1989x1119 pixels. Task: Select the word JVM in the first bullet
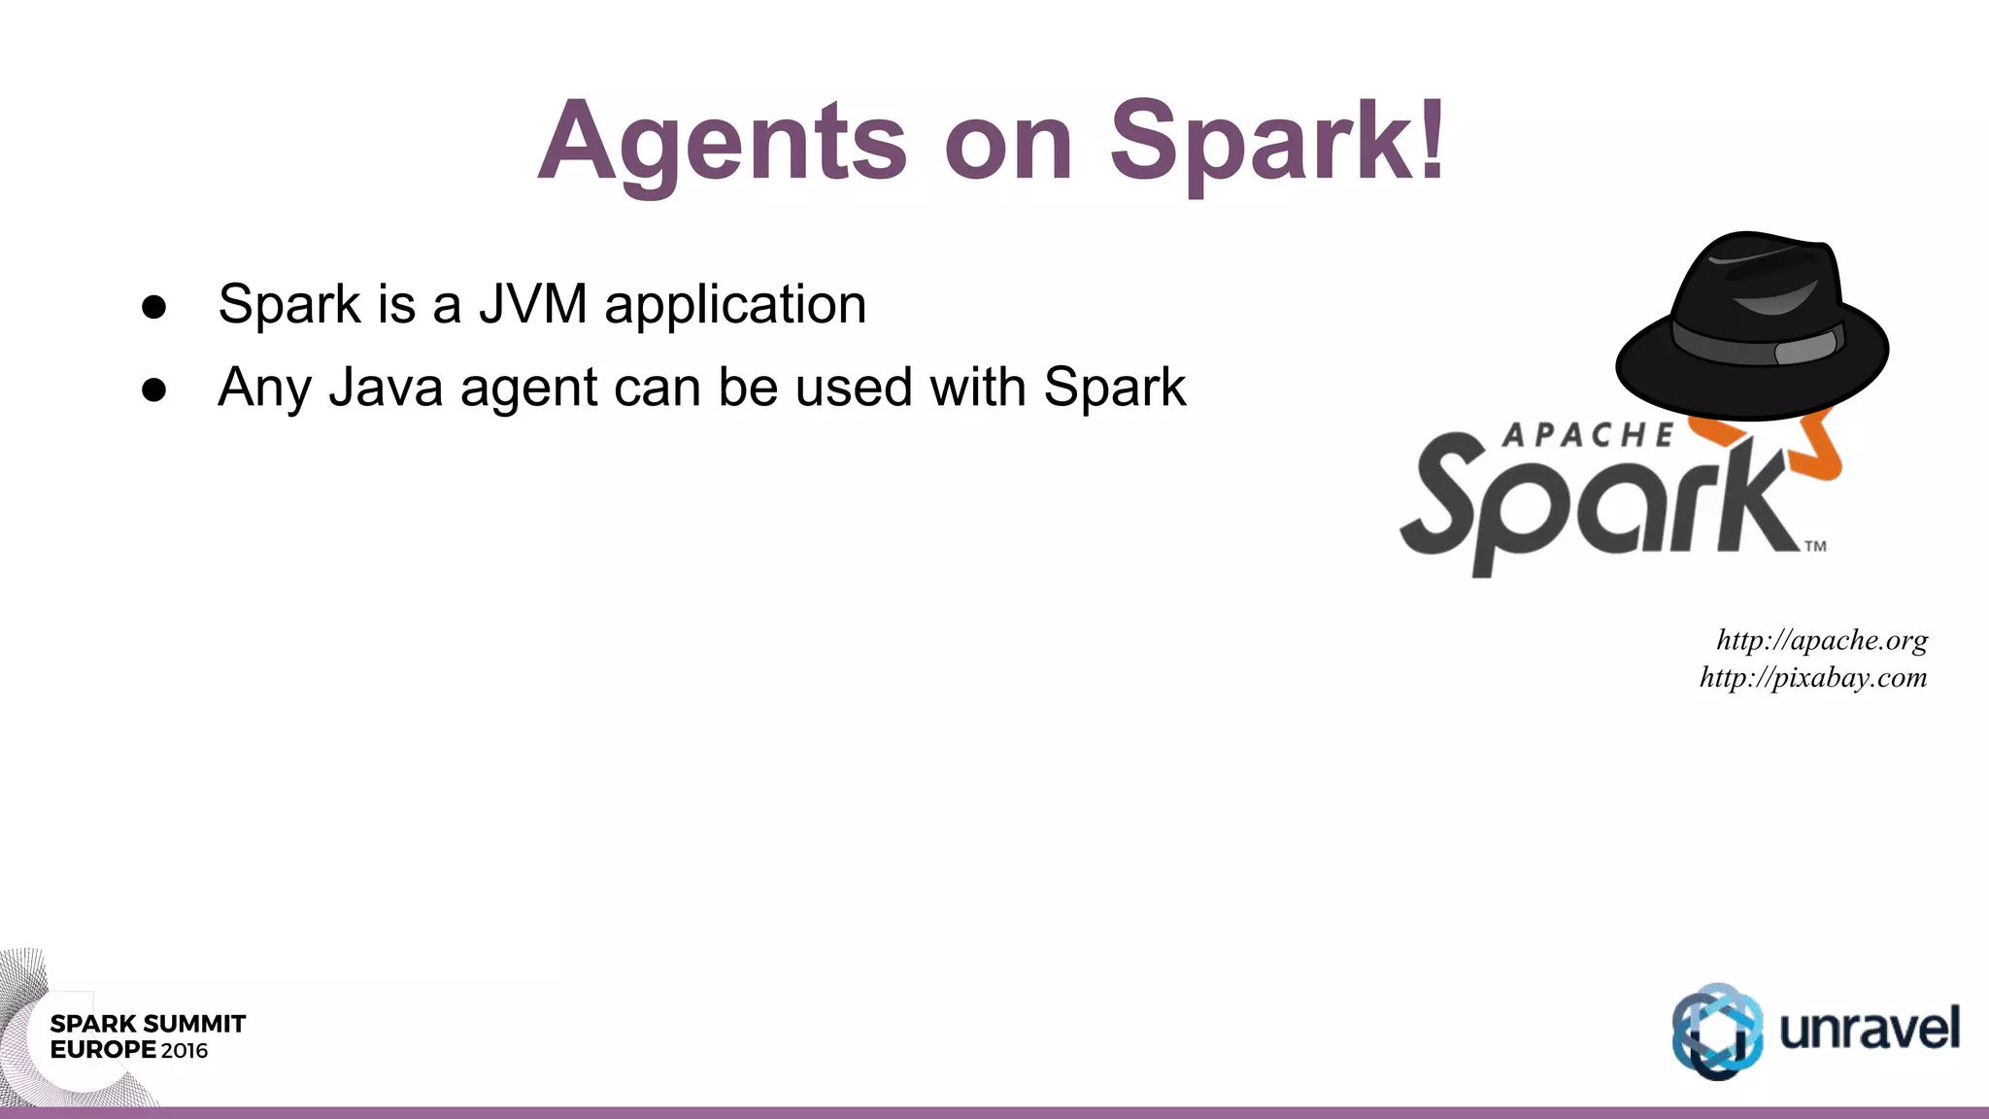point(533,304)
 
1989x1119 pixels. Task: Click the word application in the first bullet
point(735,304)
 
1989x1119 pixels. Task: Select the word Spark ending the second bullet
point(1114,388)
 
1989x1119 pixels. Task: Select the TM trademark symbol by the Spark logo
point(1815,546)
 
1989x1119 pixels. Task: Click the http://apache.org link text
point(1822,640)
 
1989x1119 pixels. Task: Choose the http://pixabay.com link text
point(1813,677)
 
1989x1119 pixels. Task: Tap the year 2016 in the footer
point(185,1050)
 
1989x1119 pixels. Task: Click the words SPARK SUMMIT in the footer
point(148,1024)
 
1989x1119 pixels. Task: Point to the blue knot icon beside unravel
point(1717,1031)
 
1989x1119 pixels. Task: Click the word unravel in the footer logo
point(1870,1029)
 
